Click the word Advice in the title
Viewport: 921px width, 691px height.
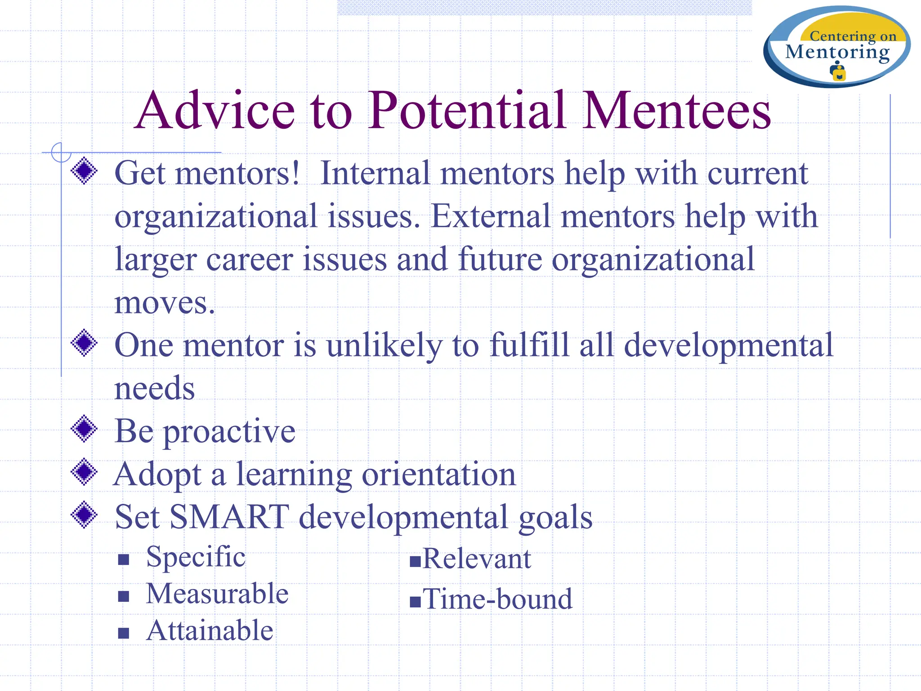tap(215, 111)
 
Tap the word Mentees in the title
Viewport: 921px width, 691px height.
tap(676, 111)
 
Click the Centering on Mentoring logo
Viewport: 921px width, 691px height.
tap(836, 47)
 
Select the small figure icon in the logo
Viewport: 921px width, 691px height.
tap(838, 72)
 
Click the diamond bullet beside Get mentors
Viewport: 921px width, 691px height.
tap(84, 171)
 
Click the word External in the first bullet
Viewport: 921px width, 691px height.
tap(491, 216)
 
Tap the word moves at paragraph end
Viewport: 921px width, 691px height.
tap(164, 302)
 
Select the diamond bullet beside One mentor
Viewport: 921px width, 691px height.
tap(84, 343)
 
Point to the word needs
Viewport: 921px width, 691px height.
tap(154, 388)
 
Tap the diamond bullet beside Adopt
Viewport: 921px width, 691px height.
tap(84, 472)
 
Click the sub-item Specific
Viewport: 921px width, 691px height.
tap(196, 557)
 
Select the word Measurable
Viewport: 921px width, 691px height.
tap(217, 594)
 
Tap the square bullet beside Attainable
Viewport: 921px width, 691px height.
tap(124, 633)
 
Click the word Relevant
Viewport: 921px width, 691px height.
tap(477, 559)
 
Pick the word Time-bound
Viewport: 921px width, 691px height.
tap(497, 600)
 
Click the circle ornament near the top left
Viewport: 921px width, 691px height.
tap(61, 152)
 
